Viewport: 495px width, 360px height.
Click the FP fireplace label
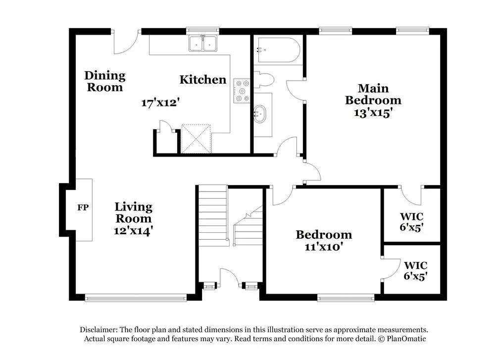click(x=83, y=207)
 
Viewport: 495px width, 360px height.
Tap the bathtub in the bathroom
click(x=277, y=50)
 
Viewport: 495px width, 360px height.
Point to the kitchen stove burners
click(x=242, y=91)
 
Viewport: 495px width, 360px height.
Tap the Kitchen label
click(x=202, y=79)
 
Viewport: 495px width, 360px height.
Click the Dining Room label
click(x=104, y=81)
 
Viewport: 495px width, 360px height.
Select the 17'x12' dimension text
click(x=159, y=103)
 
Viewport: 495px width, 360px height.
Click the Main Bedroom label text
click(x=373, y=94)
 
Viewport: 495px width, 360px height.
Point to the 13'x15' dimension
click(x=373, y=112)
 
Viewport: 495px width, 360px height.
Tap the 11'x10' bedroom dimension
click(x=324, y=246)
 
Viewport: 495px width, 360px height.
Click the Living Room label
click(x=133, y=212)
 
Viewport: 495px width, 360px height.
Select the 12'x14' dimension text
click(x=133, y=230)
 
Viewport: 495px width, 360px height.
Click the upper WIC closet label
click(x=412, y=216)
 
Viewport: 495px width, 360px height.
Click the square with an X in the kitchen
click(x=196, y=139)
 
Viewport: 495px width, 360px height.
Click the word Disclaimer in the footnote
click(x=98, y=330)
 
